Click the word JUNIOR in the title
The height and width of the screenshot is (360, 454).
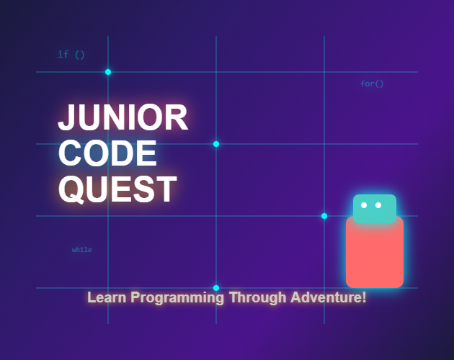[123, 117]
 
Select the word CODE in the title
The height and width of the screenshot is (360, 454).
[107, 153]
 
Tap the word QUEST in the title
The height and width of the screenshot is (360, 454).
[117, 189]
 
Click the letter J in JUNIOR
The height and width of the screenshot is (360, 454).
[66, 117]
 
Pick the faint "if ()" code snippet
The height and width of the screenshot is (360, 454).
[71, 54]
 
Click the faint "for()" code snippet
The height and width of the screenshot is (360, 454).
[372, 84]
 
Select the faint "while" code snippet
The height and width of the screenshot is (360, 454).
[81, 250]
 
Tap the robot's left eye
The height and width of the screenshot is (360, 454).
[364, 205]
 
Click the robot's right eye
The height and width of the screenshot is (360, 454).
[378, 205]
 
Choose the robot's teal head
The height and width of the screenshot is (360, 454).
[374, 208]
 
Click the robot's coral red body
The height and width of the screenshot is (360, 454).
[374, 256]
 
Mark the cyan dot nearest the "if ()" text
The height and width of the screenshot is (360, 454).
[108, 72]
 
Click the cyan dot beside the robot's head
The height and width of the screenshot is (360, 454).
[324, 216]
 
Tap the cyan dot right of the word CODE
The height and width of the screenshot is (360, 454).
[216, 144]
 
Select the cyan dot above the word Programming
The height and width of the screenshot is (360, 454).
[216, 288]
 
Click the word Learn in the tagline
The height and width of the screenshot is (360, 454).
[105, 297]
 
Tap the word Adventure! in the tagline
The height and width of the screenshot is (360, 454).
[328, 297]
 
